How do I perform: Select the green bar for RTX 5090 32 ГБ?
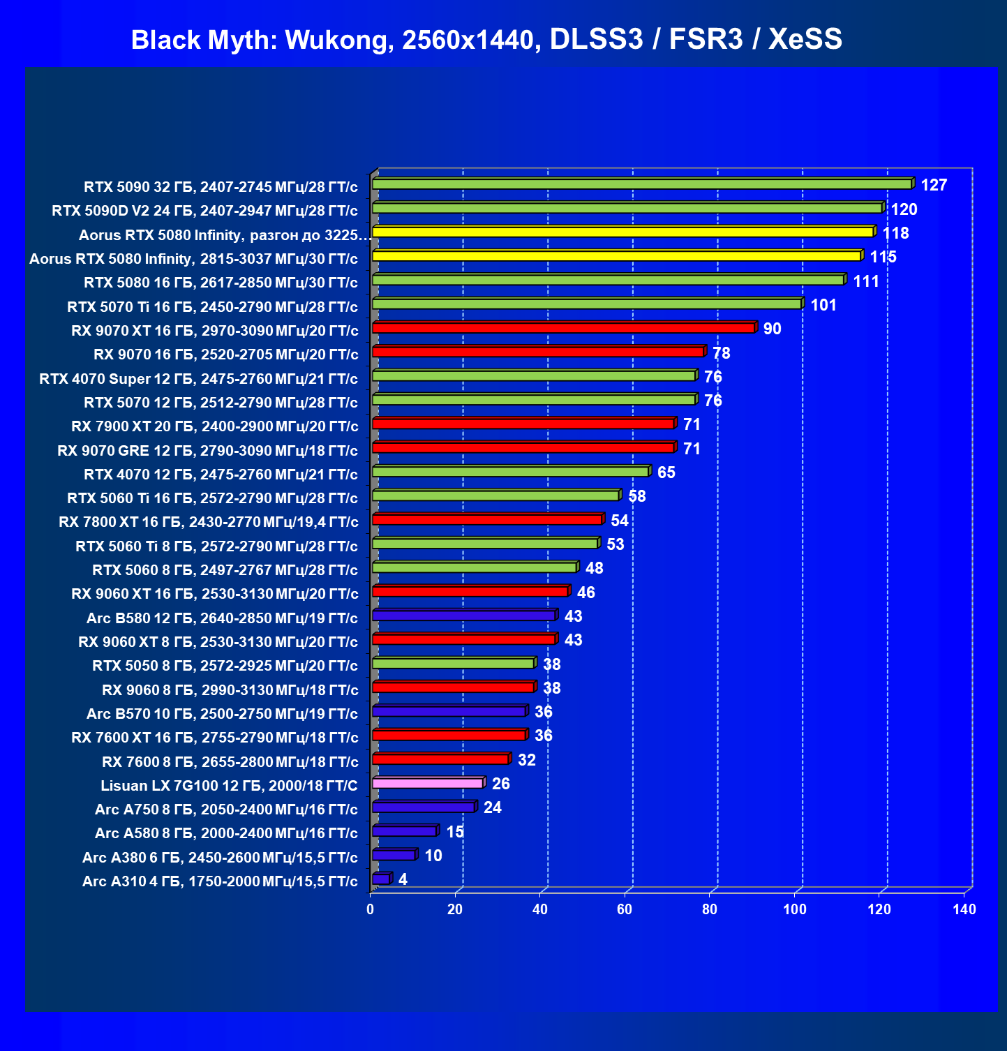(643, 184)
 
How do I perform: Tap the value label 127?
(934, 185)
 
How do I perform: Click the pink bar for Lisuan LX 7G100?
(428, 782)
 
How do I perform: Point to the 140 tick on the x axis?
(964, 909)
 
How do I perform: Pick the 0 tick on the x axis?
(371, 909)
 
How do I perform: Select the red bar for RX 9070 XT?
(564, 327)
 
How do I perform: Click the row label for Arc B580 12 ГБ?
(222, 618)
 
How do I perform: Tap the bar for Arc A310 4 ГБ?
(382, 878)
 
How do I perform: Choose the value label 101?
(823, 305)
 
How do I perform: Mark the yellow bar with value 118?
(624, 232)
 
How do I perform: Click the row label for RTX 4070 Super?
(198, 378)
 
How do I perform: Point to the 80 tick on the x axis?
(710, 909)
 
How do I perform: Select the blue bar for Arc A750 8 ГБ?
(424, 806)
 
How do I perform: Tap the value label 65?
(666, 472)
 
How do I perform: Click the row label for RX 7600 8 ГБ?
(230, 761)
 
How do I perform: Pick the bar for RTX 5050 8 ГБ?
(454, 663)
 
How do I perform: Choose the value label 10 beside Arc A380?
(433, 856)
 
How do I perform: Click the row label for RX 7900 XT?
(215, 426)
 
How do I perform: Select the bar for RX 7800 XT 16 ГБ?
(488, 519)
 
